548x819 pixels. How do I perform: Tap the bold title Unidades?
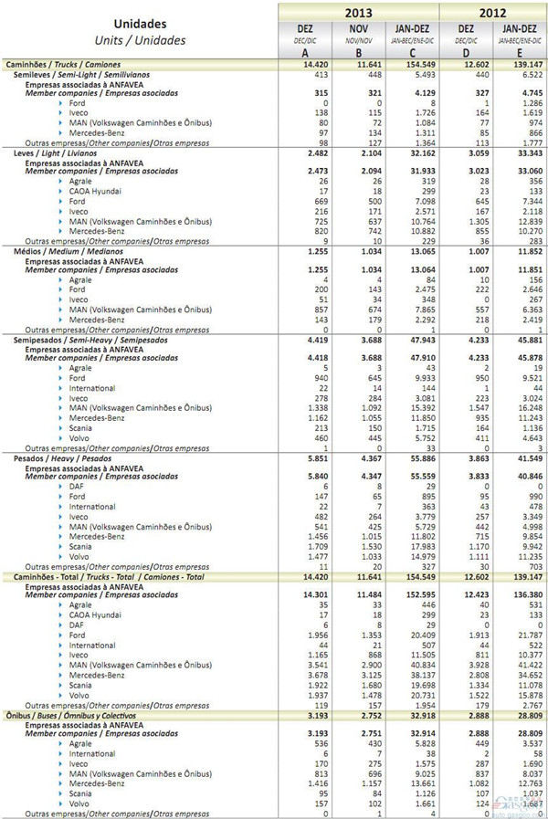(x=141, y=25)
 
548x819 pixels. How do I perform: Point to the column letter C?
(x=411, y=53)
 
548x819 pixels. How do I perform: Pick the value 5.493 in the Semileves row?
(x=413, y=74)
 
